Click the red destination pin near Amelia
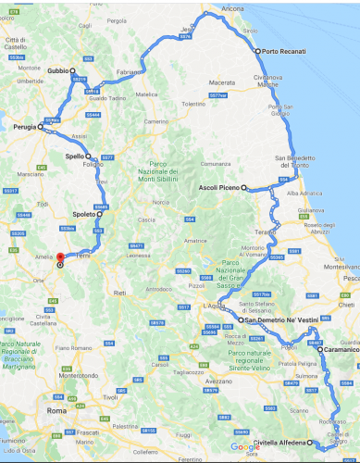(60, 258)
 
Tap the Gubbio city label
(58, 70)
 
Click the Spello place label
(76, 156)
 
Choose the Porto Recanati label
(284, 52)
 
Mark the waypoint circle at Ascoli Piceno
(244, 188)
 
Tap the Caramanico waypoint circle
(319, 350)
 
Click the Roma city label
(57, 409)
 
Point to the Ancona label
(233, 8)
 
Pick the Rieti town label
(118, 292)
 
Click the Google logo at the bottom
(244, 447)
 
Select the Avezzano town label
(218, 382)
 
